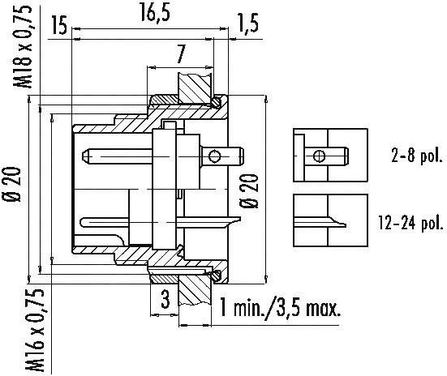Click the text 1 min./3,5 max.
click(x=280, y=308)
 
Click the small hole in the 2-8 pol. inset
click(x=321, y=156)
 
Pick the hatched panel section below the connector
click(x=196, y=287)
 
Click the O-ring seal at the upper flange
click(x=217, y=102)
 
